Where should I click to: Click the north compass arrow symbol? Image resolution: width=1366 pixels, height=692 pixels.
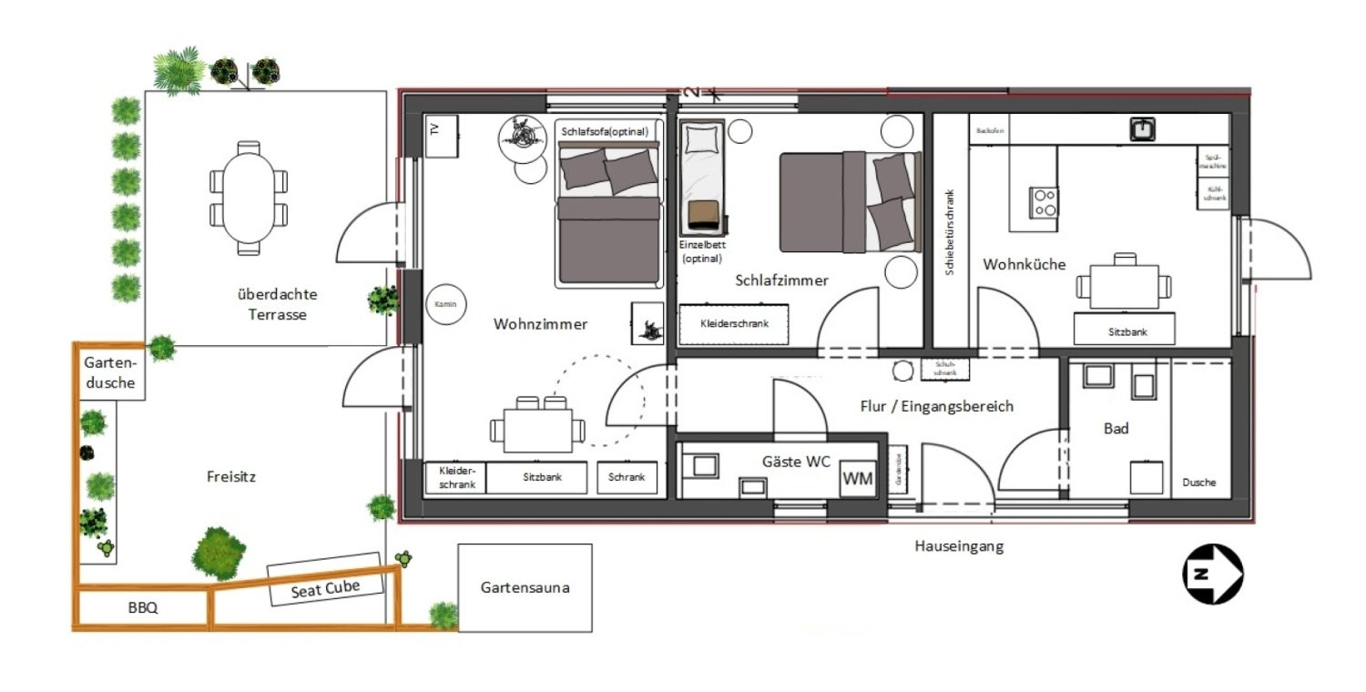point(1212,574)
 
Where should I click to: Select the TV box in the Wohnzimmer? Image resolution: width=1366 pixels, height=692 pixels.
point(441,137)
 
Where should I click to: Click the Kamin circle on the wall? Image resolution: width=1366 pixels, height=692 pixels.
point(444,304)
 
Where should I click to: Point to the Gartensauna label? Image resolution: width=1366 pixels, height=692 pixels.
point(525,587)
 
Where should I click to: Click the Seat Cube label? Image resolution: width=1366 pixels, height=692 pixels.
point(325,588)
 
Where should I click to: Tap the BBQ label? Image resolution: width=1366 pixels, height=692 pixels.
point(143,608)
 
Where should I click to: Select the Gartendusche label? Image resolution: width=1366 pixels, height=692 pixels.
point(109,372)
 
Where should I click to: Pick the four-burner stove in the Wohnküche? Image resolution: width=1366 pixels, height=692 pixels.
point(1044,201)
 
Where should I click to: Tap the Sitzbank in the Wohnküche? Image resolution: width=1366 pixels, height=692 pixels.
point(1127,331)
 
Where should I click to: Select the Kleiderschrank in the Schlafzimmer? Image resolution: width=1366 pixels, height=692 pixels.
point(733,323)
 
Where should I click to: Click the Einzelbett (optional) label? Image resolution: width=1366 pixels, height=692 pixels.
point(701,251)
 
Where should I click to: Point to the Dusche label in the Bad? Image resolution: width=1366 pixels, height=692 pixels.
point(1199,483)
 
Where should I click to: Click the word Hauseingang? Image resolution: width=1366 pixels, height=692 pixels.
point(959,547)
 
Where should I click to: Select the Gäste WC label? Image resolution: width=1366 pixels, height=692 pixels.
point(796,462)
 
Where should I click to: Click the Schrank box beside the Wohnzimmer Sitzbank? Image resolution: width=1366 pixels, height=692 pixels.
point(627,478)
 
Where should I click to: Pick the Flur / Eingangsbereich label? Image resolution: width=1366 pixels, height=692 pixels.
point(936,406)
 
